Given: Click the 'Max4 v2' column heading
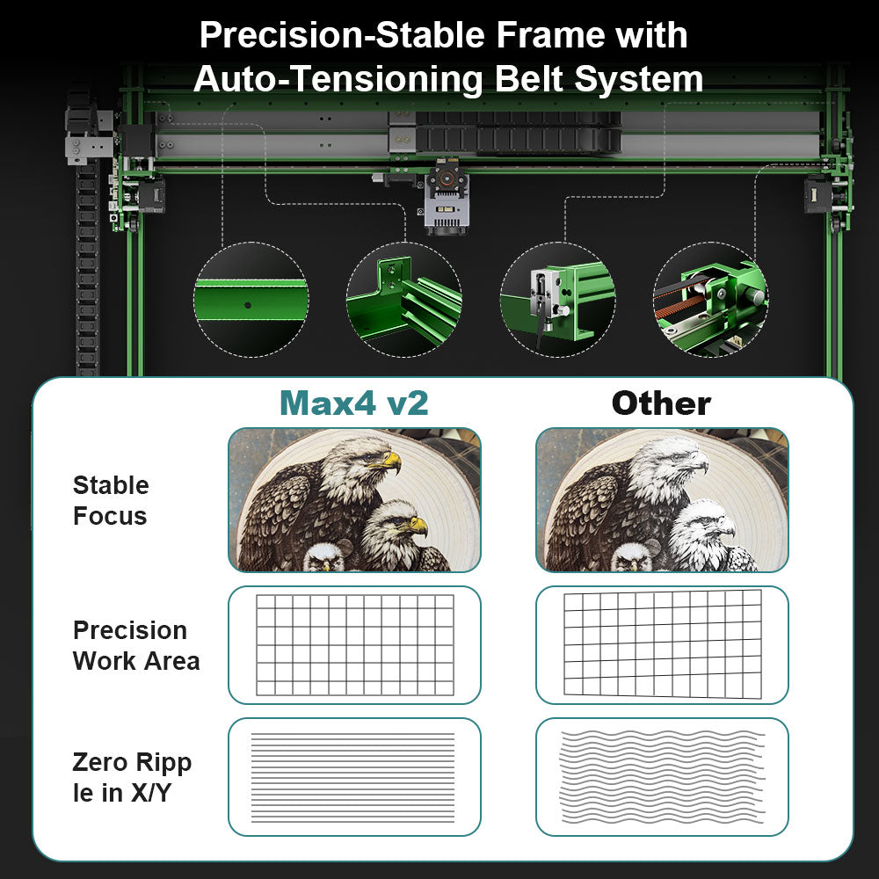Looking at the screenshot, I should click(x=354, y=403).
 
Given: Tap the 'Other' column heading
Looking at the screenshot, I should click(x=661, y=403).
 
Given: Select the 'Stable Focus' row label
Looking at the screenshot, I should click(x=111, y=501).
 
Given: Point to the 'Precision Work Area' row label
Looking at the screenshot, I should click(x=136, y=646).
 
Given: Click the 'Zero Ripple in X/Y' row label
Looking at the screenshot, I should click(x=132, y=778).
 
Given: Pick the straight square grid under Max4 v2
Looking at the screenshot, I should click(x=355, y=644).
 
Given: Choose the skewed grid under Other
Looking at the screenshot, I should click(x=662, y=644).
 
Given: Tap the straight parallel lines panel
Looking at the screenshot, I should click(x=354, y=777).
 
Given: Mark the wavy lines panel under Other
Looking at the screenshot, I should click(x=662, y=777).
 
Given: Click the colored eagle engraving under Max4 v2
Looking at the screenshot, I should click(x=354, y=499).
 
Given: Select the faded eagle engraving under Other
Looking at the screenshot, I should click(x=662, y=499).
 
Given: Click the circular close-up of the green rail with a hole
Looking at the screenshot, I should click(x=251, y=300).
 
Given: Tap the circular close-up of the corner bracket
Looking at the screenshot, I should click(x=403, y=300).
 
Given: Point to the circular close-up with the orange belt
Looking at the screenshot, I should click(x=710, y=300).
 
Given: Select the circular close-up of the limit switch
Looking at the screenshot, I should click(x=557, y=300).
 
